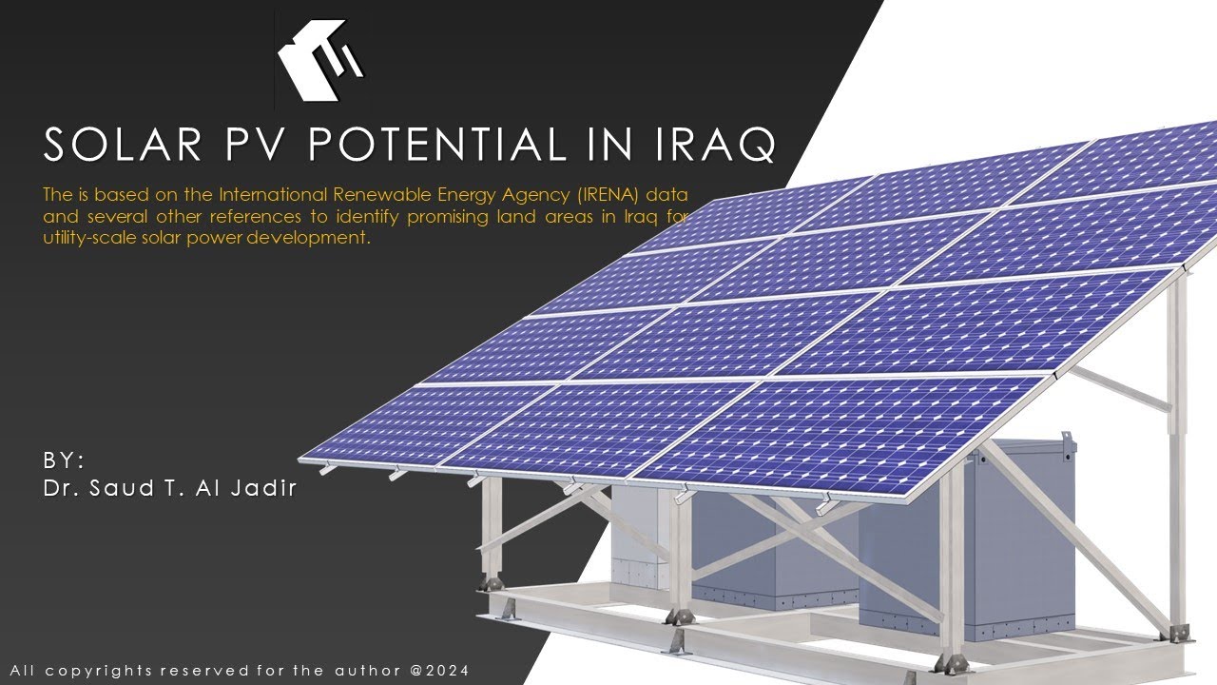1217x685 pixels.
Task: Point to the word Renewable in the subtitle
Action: [x=374, y=195]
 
